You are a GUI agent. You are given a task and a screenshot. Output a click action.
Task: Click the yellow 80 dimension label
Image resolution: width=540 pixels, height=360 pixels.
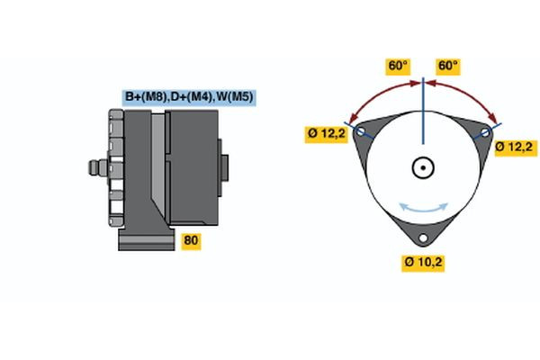191,240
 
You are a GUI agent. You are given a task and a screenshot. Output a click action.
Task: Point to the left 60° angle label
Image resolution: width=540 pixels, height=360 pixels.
398,66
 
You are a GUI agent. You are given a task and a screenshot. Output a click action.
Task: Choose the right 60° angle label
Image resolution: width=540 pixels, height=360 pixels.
447,66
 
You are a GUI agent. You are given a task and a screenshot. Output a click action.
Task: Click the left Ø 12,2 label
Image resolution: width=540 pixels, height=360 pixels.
327,135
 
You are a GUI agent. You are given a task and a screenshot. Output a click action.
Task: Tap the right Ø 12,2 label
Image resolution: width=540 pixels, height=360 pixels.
516,146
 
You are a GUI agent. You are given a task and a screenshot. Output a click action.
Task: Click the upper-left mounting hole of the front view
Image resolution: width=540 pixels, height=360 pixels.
362,131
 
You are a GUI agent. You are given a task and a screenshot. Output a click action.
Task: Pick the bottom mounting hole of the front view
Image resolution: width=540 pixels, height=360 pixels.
423,238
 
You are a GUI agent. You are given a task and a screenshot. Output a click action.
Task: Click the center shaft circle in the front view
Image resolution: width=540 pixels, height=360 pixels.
423,167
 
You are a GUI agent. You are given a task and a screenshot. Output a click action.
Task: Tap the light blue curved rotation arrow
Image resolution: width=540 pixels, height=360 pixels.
423,209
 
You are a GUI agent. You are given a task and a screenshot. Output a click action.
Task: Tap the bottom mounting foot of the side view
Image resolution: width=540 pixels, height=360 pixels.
144,239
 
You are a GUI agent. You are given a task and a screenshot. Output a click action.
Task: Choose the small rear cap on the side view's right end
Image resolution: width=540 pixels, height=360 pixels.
223,169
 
